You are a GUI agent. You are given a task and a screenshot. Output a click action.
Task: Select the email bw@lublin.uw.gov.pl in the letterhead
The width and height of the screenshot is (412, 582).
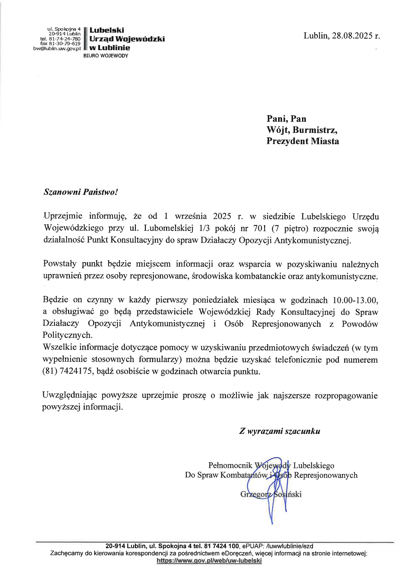(57, 48)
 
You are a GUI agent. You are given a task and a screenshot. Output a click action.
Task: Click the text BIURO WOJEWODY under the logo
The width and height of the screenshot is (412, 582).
(106, 56)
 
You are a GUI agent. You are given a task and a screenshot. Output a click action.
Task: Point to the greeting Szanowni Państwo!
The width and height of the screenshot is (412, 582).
(81, 192)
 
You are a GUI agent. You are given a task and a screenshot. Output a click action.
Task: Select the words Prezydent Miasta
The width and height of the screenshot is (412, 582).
(303, 141)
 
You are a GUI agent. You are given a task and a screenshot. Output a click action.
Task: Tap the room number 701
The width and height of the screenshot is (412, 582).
(260, 228)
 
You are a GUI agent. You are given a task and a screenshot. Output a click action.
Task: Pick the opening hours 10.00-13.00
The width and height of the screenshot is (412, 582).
(355, 300)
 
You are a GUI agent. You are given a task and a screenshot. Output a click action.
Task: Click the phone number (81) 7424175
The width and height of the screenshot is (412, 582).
(67, 371)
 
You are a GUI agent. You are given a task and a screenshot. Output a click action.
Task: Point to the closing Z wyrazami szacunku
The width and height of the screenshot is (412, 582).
(280, 431)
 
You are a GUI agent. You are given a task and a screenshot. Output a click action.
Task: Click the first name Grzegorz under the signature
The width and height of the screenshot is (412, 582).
(256, 494)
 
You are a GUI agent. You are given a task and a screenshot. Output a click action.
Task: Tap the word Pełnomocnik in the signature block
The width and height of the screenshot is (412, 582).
(230, 466)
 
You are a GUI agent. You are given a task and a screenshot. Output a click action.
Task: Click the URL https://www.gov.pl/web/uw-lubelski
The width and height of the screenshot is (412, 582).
(209, 561)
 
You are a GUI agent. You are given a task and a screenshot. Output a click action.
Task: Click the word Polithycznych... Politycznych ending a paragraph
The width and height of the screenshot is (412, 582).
(67, 335)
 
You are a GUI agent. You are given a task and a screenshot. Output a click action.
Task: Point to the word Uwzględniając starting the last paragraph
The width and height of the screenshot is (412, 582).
(69, 396)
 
